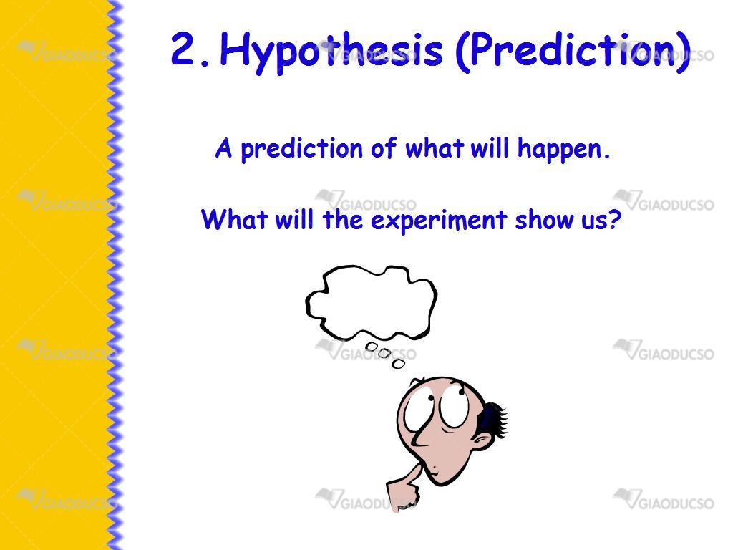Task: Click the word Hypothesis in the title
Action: [x=331, y=51]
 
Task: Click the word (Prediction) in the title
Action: [x=573, y=51]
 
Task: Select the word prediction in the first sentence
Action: [x=301, y=149]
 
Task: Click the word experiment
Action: [x=439, y=221]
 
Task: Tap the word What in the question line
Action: [x=234, y=219]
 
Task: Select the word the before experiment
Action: [x=343, y=219]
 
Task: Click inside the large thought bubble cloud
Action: [x=372, y=302]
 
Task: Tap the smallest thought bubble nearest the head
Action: [x=398, y=363]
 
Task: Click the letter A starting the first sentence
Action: [x=223, y=148]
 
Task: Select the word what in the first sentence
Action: [x=435, y=148]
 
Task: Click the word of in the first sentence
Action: [x=384, y=148]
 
